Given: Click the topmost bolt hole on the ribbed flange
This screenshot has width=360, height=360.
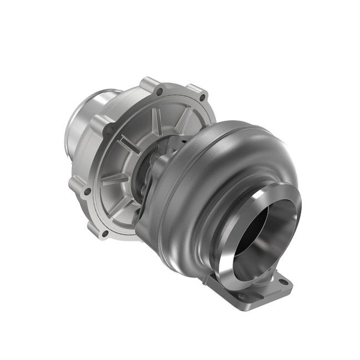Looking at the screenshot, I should point(160,91).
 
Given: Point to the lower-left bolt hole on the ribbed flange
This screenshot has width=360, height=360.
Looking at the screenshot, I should point(87,192).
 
